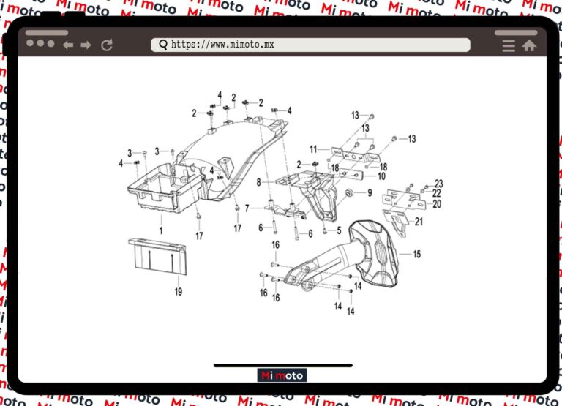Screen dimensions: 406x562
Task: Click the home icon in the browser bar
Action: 529,45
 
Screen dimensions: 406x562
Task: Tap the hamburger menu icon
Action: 509,45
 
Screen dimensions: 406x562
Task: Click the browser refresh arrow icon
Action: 107,45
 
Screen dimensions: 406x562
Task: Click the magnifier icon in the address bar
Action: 162,45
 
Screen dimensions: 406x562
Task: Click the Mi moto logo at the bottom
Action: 282,375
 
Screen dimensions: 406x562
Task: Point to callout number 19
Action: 178,291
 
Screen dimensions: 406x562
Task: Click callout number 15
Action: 416,255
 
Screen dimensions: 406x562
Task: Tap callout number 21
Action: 419,221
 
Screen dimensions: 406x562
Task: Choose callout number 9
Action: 370,193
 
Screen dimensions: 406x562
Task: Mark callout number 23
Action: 439,183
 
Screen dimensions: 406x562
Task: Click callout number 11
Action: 313,149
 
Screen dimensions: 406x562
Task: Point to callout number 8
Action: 258,181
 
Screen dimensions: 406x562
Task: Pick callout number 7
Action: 247,208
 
